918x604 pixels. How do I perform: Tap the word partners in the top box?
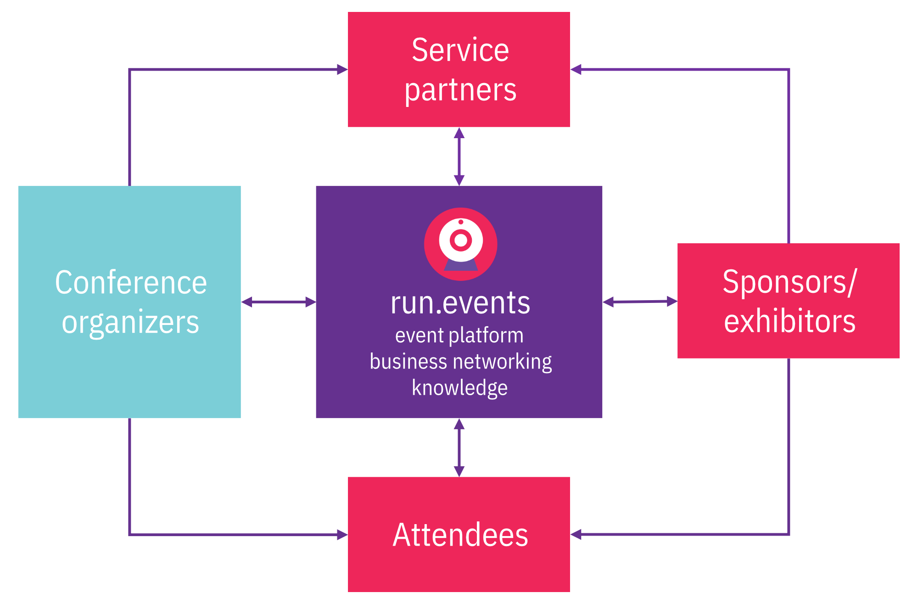coord(460,91)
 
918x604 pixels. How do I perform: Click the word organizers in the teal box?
coord(131,323)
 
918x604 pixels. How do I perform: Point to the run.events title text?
coord(460,303)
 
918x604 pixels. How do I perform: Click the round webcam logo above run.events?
coord(460,244)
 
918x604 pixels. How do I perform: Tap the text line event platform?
coord(459,336)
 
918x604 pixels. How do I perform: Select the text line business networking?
coord(461,362)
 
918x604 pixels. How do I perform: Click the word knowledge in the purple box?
coord(460,388)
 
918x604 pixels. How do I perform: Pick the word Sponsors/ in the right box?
coord(789,282)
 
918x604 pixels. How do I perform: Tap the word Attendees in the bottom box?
coord(460,535)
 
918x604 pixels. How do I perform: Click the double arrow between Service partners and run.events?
coord(459,157)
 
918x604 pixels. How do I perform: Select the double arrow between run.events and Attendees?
coord(459,447)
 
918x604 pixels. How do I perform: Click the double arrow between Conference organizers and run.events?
coord(279,302)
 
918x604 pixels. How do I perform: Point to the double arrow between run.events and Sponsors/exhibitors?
coord(640,302)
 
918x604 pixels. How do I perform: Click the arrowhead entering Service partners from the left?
coord(342,69)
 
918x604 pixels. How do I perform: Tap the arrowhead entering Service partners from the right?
coord(576,69)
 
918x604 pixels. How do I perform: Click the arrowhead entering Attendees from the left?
coord(342,535)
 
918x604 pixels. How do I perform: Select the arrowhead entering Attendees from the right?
coord(576,534)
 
